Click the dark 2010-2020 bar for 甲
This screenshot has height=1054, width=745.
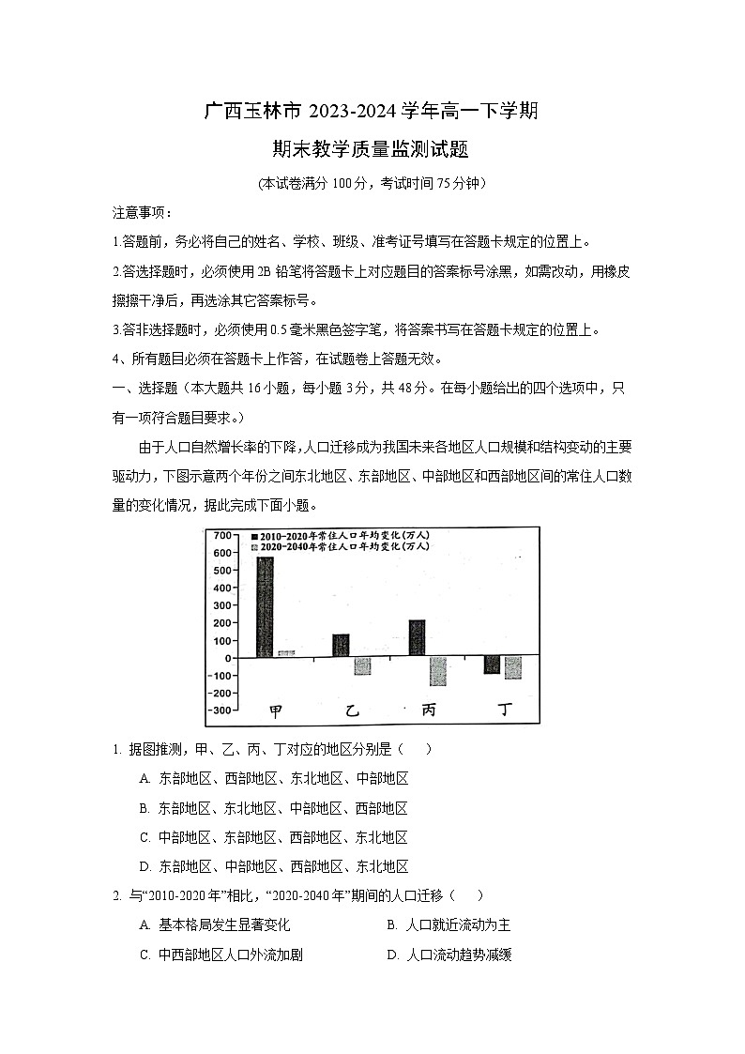[265, 607]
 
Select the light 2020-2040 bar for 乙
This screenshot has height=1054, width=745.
[361, 666]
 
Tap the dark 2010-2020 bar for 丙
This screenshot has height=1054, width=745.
[417, 638]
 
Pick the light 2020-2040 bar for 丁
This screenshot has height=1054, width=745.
[512, 667]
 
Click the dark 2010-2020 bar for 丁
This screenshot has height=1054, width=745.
[492, 664]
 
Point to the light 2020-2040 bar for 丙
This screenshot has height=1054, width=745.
[437, 671]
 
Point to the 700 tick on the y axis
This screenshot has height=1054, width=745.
[221, 535]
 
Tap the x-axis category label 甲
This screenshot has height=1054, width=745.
[275, 710]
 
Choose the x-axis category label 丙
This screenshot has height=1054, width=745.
[428, 710]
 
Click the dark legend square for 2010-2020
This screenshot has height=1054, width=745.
[253, 534]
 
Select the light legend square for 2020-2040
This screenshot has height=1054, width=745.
[253, 545]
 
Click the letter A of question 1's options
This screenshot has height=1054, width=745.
[144, 779]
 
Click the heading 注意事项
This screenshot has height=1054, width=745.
[136, 212]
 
